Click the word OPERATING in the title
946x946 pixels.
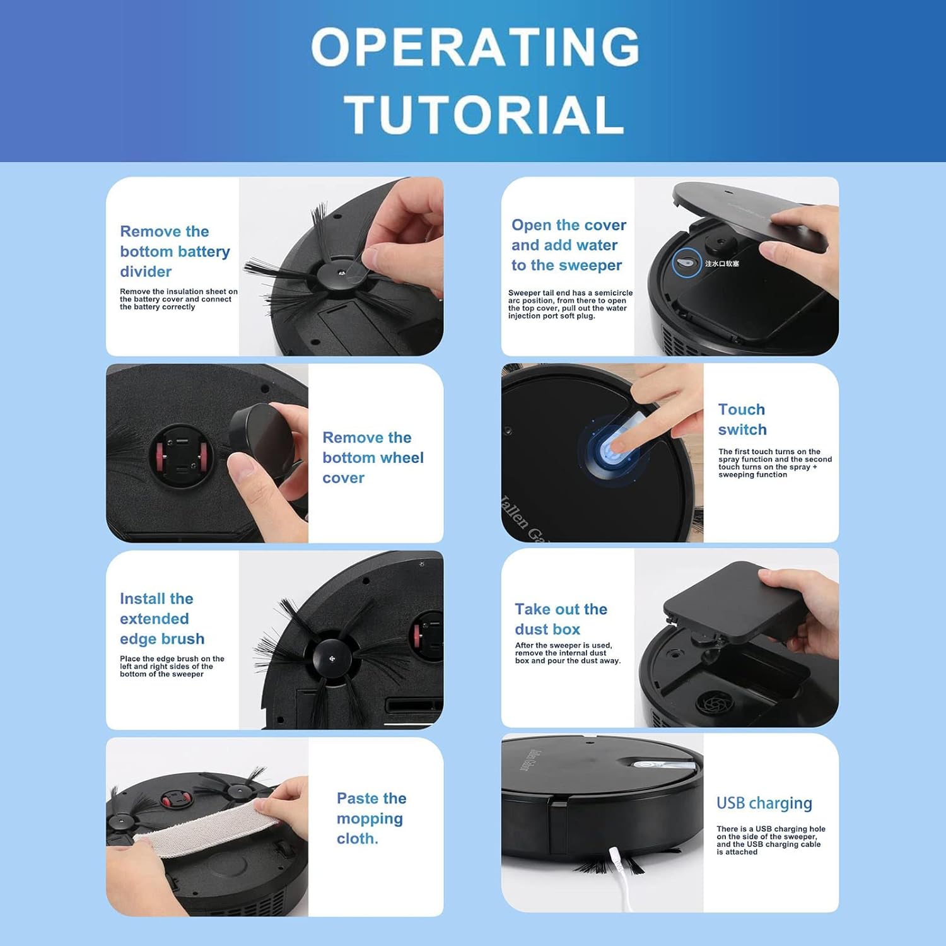click(476, 47)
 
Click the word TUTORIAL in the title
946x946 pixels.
click(484, 114)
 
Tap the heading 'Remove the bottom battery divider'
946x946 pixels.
click(175, 252)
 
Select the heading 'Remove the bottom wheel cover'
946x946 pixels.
click(373, 458)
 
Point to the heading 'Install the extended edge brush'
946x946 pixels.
click(162, 619)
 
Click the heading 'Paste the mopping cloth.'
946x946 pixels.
click(371, 819)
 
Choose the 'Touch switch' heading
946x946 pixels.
click(742, 419)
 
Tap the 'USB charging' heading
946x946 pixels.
click(764, 803)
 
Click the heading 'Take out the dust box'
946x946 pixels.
click(561, 619)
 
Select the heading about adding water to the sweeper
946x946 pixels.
click(569, 245)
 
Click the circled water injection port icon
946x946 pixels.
click(686, 262)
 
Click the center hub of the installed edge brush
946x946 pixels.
click(332, 659)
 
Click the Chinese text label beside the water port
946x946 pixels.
click(722, 264)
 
